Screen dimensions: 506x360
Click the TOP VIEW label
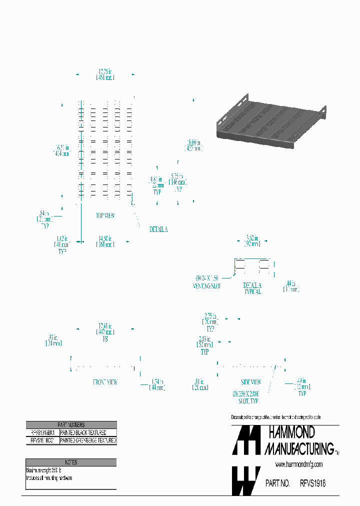click(x=105, y=215)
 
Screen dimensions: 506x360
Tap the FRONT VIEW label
click(x=105, y=382)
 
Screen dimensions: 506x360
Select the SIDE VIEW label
click(x=251, y=381)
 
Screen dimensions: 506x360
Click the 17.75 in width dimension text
click(x=105, y=70)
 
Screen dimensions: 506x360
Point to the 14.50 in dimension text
click(x=105, y=238)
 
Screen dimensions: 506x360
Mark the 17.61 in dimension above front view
click(x=105, y=325)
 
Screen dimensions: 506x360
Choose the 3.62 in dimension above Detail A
click(x=252, y=238)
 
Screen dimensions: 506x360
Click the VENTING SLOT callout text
click(x=206, y=286)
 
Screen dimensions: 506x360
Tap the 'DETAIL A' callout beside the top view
click(x=158, y=229)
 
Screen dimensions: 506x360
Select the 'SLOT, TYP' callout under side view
click(x=248, y=401)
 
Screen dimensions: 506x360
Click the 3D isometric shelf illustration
click(x=270, y=123)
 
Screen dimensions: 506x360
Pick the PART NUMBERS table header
click(x=71, y=424)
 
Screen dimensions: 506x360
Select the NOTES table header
click(x=71, y=462)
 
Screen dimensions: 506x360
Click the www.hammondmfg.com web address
click(x=299, y=464)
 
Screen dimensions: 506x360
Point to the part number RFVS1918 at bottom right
click(x=312, y=483)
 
